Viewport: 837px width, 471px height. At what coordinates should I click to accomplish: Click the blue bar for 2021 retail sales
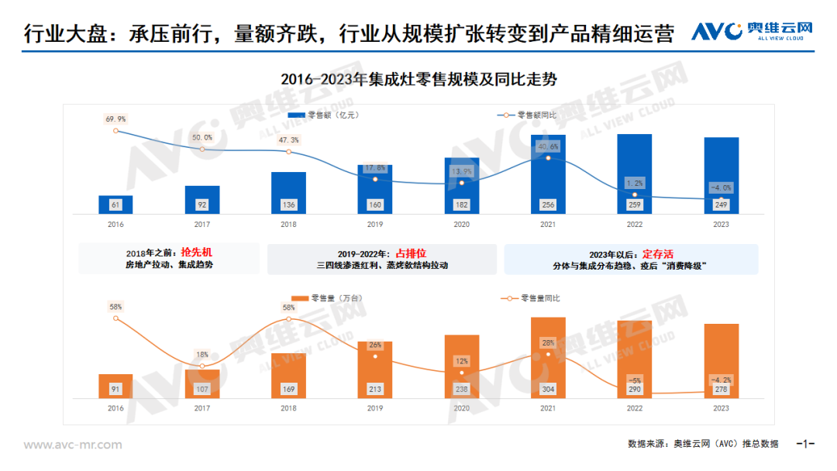548,174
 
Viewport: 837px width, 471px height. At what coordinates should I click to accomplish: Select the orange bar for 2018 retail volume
288,376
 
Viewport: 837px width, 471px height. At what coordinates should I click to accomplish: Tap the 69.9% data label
115,119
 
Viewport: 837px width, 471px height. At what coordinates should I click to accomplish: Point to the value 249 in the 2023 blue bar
722,205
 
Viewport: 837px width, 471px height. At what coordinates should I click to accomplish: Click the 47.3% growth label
288,140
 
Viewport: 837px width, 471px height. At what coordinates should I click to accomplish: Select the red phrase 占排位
411,253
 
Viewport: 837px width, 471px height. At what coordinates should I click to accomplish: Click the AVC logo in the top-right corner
752,31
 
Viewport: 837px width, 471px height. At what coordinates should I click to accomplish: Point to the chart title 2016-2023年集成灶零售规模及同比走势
418,79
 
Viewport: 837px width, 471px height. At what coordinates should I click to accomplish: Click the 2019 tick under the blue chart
375,225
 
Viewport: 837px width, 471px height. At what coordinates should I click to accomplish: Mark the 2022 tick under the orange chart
635,408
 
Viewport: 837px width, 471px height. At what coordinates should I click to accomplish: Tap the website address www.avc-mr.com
73,445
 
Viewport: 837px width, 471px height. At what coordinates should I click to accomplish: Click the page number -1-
806,444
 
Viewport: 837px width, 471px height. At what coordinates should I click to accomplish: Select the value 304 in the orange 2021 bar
548,390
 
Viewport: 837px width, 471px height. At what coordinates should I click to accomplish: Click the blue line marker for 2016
115,131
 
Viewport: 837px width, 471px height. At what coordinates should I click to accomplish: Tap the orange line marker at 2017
202,366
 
